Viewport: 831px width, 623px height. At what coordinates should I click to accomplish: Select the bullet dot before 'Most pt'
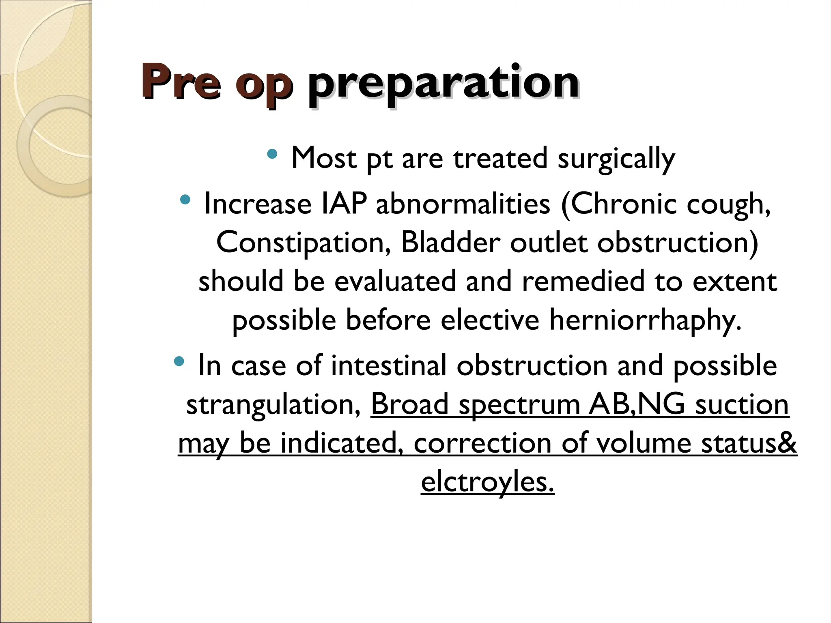coord(272,154)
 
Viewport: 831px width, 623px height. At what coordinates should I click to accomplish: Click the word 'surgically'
coord(616,159)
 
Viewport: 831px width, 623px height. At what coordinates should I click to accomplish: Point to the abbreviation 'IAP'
coord(344,204)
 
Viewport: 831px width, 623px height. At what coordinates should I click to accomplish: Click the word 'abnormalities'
coord(463,204)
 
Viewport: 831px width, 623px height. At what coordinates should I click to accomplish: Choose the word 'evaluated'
coord(395,281)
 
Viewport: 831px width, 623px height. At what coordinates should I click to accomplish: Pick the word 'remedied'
coord(583,281)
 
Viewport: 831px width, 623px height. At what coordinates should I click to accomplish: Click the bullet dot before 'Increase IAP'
coord(185,199)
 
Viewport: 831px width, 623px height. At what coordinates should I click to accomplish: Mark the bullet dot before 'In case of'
coord(179,361)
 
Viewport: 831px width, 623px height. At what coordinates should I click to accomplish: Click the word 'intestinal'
coord(389,365)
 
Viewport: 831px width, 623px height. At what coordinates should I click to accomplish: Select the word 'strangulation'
coord(273,404)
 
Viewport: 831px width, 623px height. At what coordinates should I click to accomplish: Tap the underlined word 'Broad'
coord(409,404)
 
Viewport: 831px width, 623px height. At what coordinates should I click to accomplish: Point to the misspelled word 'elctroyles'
coord(487,482)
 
